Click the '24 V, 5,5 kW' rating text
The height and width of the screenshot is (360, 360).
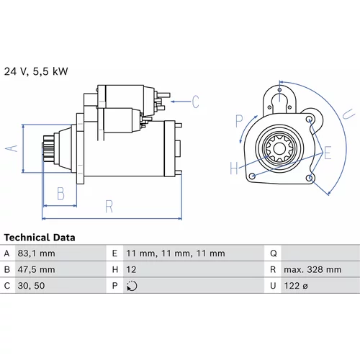[36, 71]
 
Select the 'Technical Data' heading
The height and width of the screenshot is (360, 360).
[40, 238]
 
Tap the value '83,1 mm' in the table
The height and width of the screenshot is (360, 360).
[36, 253]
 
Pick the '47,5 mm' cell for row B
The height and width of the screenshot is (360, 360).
[36, 269]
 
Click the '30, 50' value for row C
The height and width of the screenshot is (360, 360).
[31, 286]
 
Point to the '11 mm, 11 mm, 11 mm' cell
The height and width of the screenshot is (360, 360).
[176, 253]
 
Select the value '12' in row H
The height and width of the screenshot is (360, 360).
[131, 269]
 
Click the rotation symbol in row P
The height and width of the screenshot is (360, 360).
[132, 286]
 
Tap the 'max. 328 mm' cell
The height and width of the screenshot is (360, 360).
[312, 269]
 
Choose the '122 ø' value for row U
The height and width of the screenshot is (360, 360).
[296, 286]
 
